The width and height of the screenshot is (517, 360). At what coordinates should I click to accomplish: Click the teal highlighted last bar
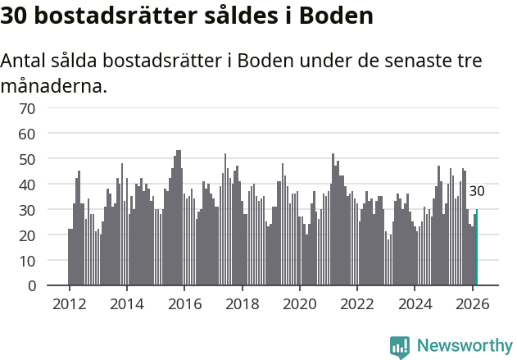point(477,248)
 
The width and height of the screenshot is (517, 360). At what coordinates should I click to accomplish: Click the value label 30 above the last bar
point(477,191)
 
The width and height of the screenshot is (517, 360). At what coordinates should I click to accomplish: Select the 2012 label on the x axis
point(69,303)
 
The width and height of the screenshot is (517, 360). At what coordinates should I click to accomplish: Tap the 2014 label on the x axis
point(126,303)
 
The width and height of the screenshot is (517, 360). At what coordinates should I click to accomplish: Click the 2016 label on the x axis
point(184,303)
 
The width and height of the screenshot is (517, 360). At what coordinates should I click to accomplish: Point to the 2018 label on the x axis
point(242,303)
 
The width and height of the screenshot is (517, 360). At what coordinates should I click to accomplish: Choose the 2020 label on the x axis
point(300,303)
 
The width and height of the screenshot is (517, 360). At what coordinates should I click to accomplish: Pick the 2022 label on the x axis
point(357,303)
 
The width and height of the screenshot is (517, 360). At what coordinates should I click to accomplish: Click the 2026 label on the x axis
point(473,303)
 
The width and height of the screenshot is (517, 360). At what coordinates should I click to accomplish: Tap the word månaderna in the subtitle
point(53,85)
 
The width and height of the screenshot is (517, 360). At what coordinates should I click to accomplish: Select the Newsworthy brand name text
point(465,346)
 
